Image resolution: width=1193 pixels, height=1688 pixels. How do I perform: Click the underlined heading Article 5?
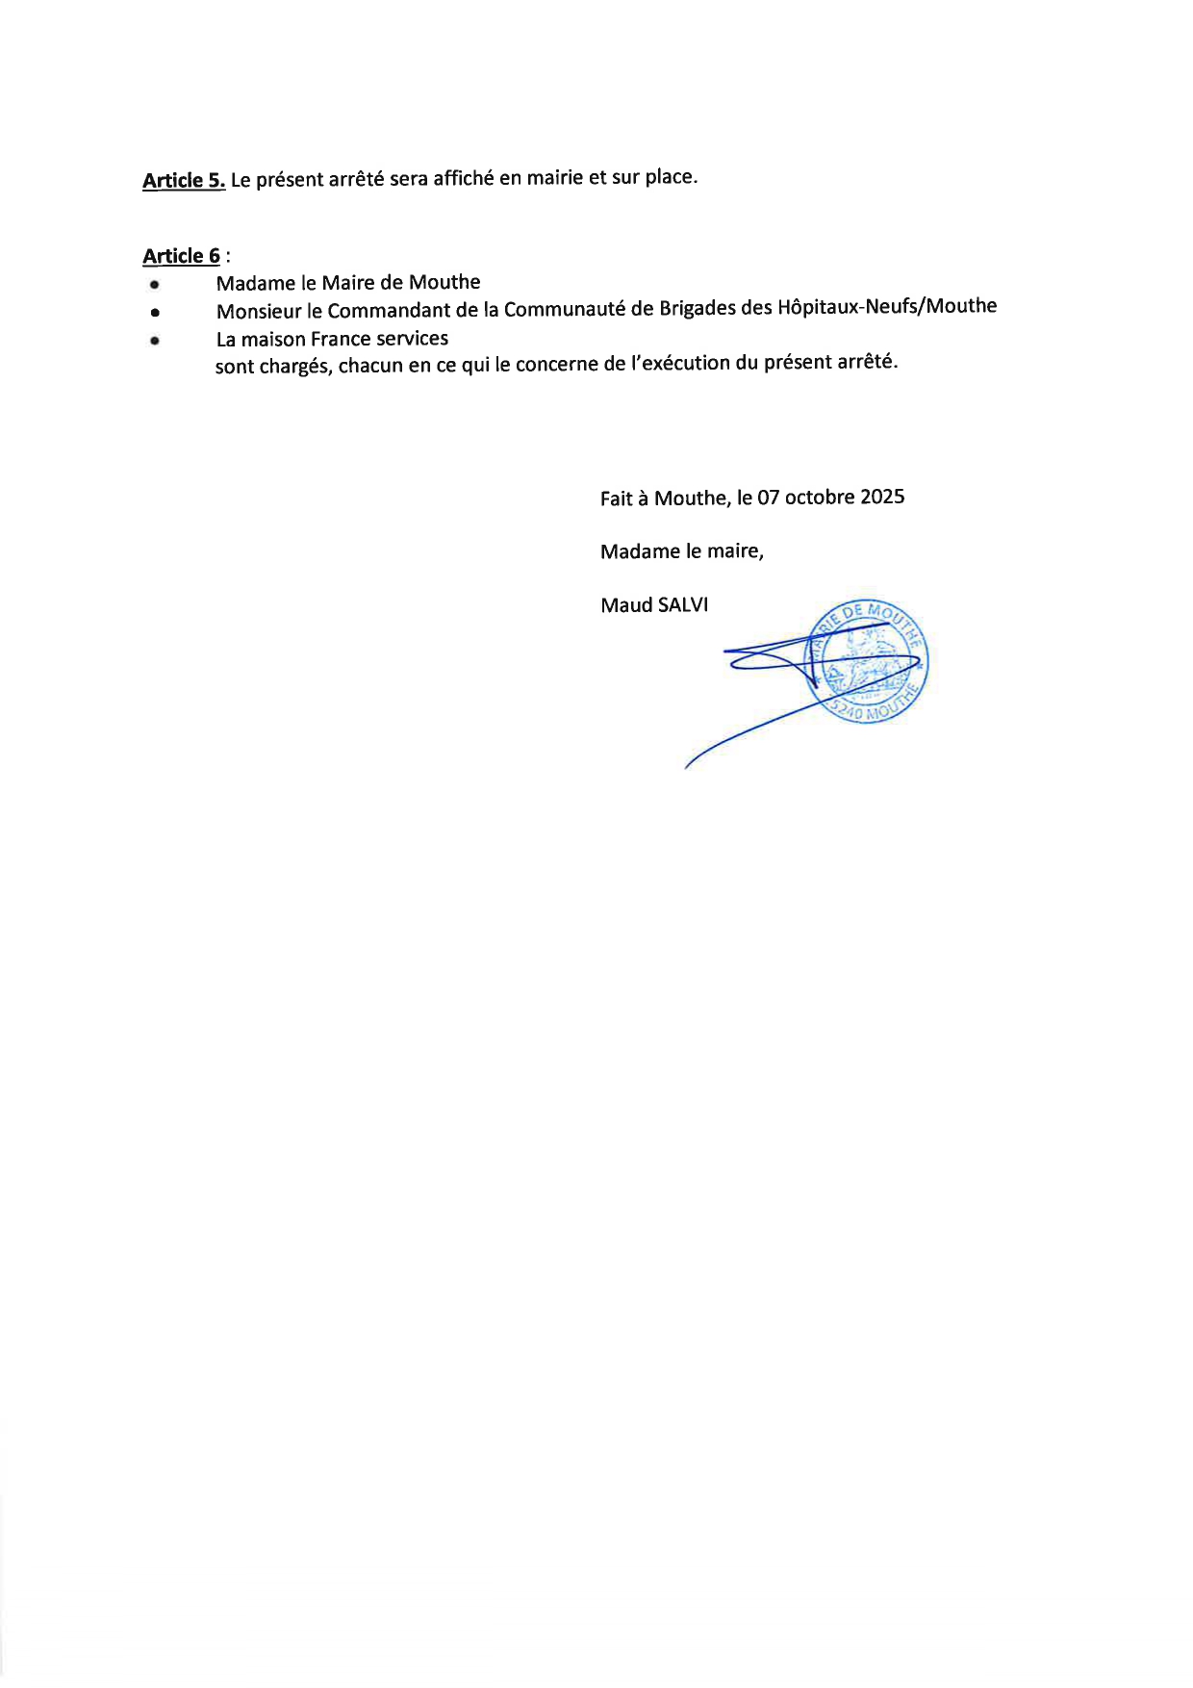[x=184, y=180]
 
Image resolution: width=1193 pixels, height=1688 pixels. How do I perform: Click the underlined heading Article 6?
[x=181, y=256]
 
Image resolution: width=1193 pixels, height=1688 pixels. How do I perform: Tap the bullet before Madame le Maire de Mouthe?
[x=154, y=285]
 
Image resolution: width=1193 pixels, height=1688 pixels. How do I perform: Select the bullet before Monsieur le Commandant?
[x=154, y=313]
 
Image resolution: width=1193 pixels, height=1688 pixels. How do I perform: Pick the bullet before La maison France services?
[x=154, y=340]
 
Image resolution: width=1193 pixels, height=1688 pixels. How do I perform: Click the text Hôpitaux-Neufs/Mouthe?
[x=886, y=306]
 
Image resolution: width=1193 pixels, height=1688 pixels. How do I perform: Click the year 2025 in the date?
[x=882, y=497]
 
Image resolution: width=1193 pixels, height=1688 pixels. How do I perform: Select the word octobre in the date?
[x=820, y=497]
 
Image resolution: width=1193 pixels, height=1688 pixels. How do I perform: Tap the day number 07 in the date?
[x=768, y=498]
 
